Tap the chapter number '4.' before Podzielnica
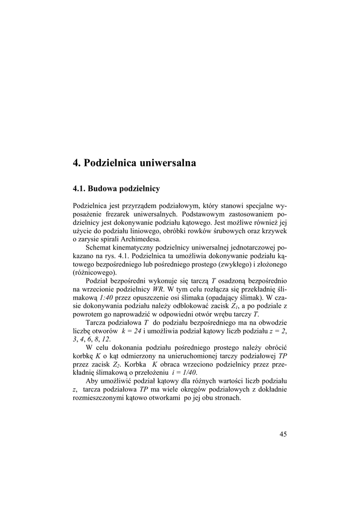(x=77, y=163)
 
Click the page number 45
(x=283, y=434)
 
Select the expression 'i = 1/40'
(x=183, y=373)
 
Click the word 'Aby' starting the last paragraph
(x=92, y=381)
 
